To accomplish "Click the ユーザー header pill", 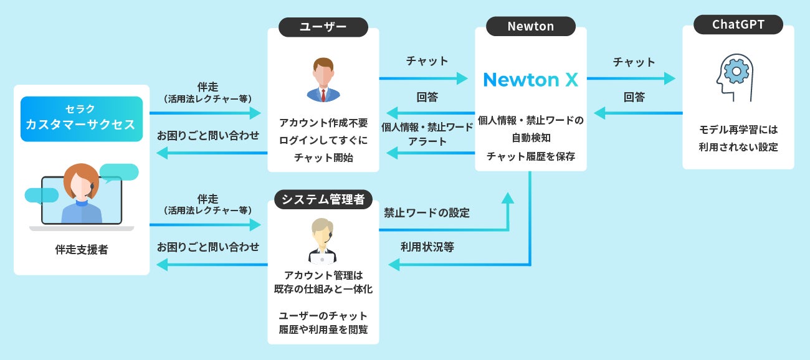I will coord(323,26).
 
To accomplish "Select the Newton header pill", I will coord(530,26).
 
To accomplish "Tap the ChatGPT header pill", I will coord(738,25).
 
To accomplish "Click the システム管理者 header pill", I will coord(323,199).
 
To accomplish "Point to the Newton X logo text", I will coord(530,79).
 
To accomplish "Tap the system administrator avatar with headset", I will coord(323,242).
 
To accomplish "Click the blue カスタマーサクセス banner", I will coord(81,119).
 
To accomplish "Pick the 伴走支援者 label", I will coord(81,250).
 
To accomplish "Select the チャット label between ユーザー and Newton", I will coord(427,60).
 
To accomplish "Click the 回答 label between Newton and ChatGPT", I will coord(634,97).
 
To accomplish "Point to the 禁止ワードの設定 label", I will coord(427,212).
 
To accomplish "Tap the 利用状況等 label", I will coord(427,247).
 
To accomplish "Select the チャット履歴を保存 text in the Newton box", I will coord(530,156).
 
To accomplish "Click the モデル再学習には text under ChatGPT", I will coord(738,130).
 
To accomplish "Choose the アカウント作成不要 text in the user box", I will coord(323,123).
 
